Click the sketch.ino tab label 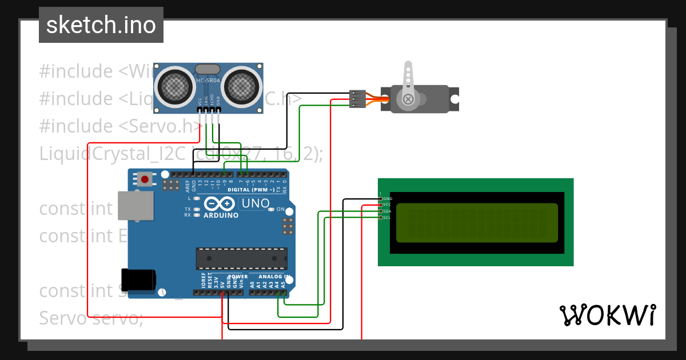pyautogui.click(x=101, y=25)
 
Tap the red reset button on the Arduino pyautogui.click(x=145, y=179)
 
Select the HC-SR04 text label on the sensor pyautogui.click(x=208, y=81)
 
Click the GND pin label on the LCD pyautogui.click(x=388, y=198)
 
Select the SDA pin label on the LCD pyautogui.click(x=387, y=211)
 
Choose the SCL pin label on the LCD pyautogui.click(x=387, y=217)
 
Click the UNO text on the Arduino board pyautogui.click(x=256, y=203)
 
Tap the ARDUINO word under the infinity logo pyautogui.click(x=221, y=215)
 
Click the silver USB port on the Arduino pyautogui.click(x=136, y=206)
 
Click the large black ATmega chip pyautogui.click(x=241, y=258)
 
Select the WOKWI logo pyautogui.click(x=607, y=315)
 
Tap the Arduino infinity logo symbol pyautogui.click(x=220, y=204)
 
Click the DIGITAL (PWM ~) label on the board pyautogui.click(x=251, y=189)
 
